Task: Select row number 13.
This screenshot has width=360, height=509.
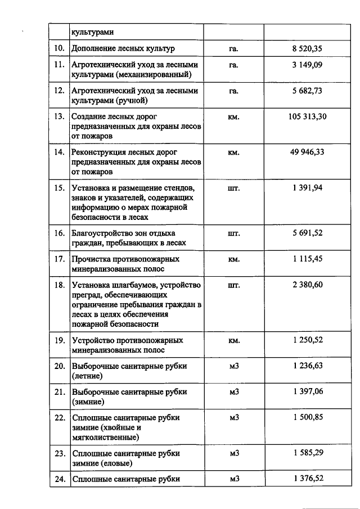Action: click(x=59, y=117)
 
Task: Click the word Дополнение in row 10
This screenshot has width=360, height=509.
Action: click(x=94, y=49)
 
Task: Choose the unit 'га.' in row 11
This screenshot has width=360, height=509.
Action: click(x=234, y=65)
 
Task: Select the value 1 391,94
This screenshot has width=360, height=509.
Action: click(x=308, y=187)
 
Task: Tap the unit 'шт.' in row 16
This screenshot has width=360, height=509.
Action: click(x=234, y=233)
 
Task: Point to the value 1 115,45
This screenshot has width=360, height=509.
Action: click(x=308, y=259)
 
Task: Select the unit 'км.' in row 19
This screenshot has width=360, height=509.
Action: click(x=234, y=341)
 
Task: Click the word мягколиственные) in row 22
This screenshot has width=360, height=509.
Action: click(x=106, y=436)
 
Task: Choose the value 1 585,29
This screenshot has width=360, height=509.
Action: click(x=308, y=453)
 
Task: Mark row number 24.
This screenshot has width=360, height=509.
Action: click(x=59, y=479)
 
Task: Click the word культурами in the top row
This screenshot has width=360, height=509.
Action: click(x=90, y=33)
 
